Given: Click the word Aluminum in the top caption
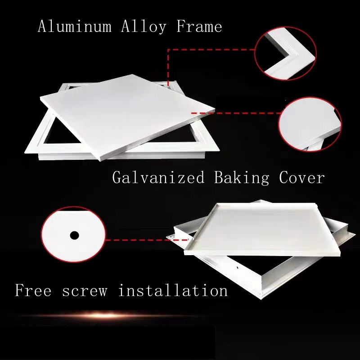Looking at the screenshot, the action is [74, 27].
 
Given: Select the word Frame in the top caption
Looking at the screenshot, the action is [199, 27].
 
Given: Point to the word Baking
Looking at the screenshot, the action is [242, 177].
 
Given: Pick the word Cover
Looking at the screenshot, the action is [301, 177].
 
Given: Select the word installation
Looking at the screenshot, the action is [173, 290].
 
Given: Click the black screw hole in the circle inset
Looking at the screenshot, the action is [74, 235].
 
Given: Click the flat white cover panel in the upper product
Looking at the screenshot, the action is [126, 112].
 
